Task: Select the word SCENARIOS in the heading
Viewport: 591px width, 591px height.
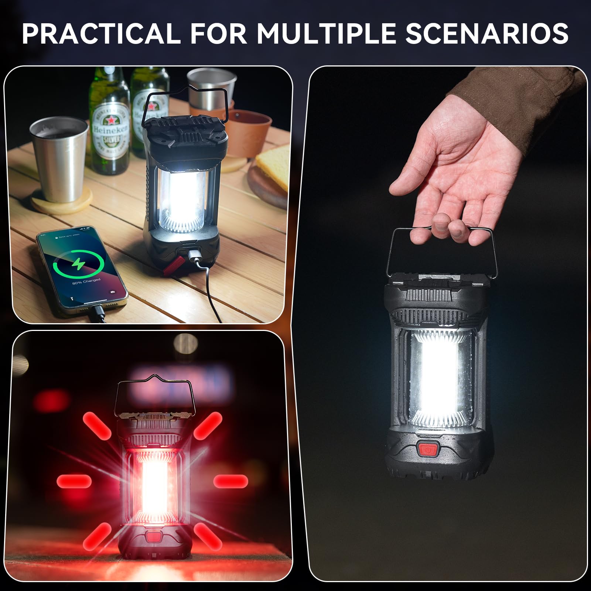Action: [x=487, y=34]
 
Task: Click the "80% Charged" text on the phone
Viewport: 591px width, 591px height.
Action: [x=86, y=281]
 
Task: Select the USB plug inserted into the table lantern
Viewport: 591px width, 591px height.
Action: [x=194, y=255]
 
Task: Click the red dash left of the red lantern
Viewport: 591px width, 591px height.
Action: [x=74, y=481]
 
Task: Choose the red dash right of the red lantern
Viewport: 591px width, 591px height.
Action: [x=230, y=481]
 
